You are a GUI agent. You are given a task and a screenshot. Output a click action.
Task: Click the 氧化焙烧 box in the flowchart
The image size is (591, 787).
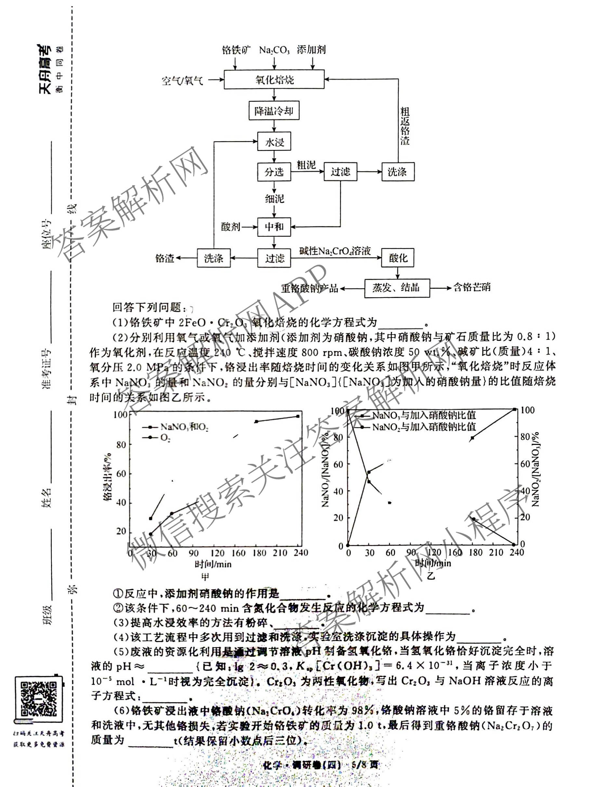(274, 79)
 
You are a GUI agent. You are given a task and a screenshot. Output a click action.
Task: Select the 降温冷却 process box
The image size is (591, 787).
(273, 111)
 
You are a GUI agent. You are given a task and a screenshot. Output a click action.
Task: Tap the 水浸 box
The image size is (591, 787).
(274, 142)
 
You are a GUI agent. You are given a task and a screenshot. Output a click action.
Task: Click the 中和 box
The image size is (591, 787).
(274, 227)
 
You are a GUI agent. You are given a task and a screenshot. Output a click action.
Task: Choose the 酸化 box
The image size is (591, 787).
(398, 258)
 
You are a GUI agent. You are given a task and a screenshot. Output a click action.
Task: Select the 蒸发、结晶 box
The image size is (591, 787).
(397, 287)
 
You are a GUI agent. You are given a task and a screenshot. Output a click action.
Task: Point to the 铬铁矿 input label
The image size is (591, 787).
(236, 50)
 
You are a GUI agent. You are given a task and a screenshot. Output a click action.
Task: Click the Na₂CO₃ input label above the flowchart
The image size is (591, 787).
(274, 50)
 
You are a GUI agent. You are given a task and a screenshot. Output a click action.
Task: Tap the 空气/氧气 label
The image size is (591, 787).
(182, 81)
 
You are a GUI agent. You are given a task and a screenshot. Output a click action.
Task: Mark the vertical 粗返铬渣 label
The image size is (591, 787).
(405, 126)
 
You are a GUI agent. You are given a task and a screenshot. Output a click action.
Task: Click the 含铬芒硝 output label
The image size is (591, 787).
(471, 287)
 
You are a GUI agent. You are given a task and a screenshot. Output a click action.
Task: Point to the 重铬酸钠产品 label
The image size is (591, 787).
(309, 288)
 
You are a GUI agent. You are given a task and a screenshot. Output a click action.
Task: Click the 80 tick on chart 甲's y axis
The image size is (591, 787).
(121, 444)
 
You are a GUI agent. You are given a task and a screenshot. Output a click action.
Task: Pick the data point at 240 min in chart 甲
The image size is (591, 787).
(298, 416)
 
